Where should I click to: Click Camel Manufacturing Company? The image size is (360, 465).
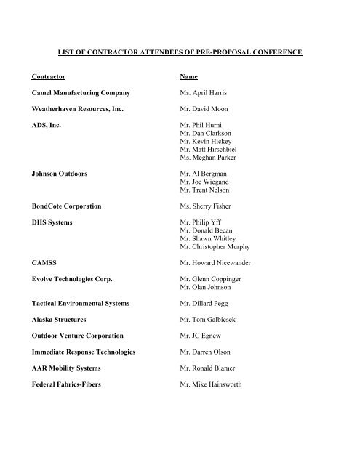(89, 94)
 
